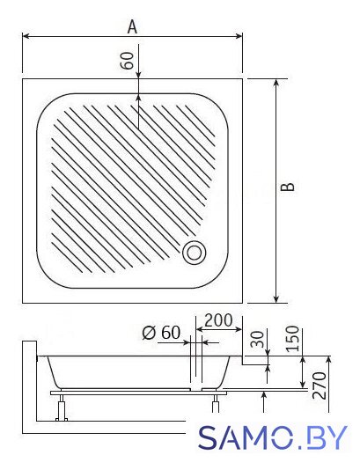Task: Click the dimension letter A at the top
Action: coord(132,27)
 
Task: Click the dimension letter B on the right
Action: coord(288,187)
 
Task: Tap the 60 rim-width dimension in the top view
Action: coord(128,61)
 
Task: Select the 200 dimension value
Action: coord(218,320)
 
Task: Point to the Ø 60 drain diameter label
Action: coord(162,333)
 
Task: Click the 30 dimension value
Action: coord(257,339)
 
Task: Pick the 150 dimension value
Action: coord(292,339)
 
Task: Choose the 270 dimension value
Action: coord(319,386)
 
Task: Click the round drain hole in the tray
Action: coord(195,253)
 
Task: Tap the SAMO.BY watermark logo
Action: coord(273,437)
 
